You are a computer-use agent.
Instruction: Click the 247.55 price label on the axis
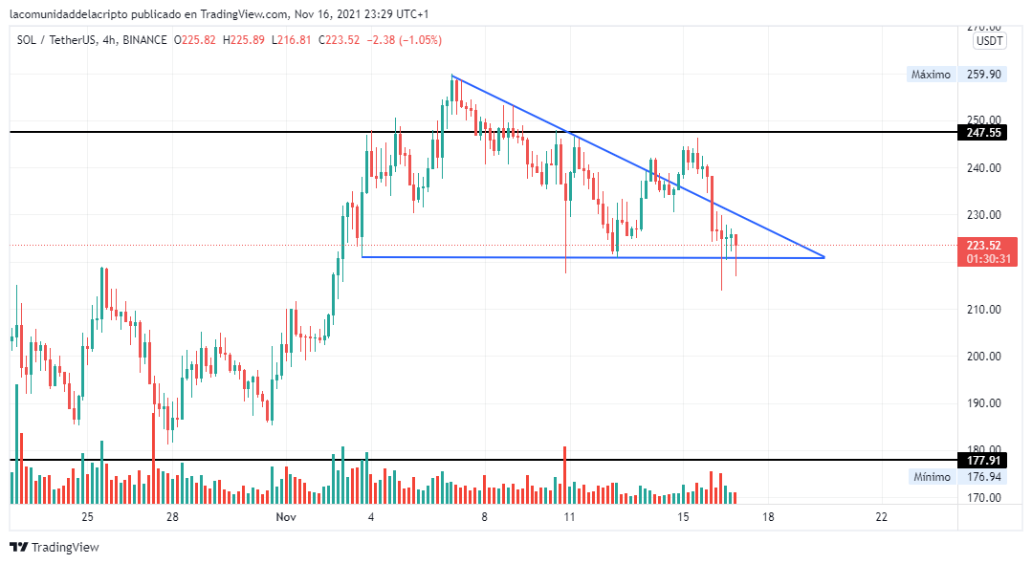coord(983,133)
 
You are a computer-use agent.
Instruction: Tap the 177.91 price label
coord(983,461)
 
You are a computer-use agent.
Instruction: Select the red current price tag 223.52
coord(983,246)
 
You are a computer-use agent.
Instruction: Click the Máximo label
coord(931,75)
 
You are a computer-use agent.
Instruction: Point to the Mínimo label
coord(931,477)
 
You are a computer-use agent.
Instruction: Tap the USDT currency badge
coord(989,41)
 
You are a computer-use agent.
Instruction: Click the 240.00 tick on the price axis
coord(983,168)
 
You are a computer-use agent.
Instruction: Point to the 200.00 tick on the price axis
coord(983,357)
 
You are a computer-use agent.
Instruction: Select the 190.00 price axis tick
coord(983,403)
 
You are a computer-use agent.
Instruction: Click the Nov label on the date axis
coord(285,517)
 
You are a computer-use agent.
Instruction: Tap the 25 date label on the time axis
coord(87,517)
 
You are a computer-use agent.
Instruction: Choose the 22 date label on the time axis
coord(881,517)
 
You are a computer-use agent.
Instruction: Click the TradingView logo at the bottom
coord(55,548)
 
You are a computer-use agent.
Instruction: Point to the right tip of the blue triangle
coord(823,257)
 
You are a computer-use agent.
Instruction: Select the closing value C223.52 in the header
coord(340,40)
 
